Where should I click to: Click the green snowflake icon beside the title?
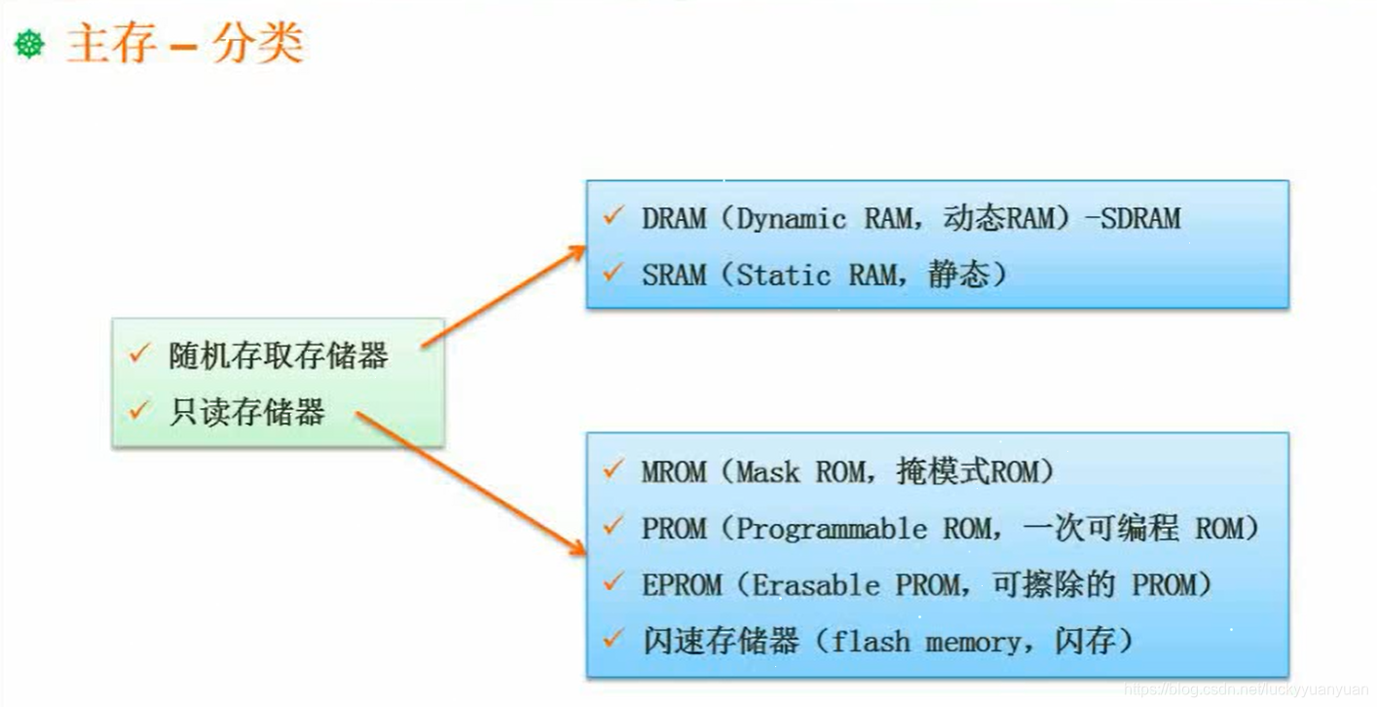[x=29, y=45]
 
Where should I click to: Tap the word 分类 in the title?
[x=257, y=45]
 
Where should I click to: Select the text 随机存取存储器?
[x=279, y=356]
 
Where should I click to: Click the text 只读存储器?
[x=247, y=413]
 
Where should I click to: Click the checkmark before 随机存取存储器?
[x=138, y=354]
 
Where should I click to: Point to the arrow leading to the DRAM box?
[x=502, y=297]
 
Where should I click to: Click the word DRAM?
[x=674, y=218]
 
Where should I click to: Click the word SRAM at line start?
[x=674, y=276]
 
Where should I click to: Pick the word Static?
[x=784, y=276]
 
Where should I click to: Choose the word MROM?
[x=674, y=472]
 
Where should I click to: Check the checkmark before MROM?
[x=613, y=470]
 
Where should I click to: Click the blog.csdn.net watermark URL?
[x=1247, y=689]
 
